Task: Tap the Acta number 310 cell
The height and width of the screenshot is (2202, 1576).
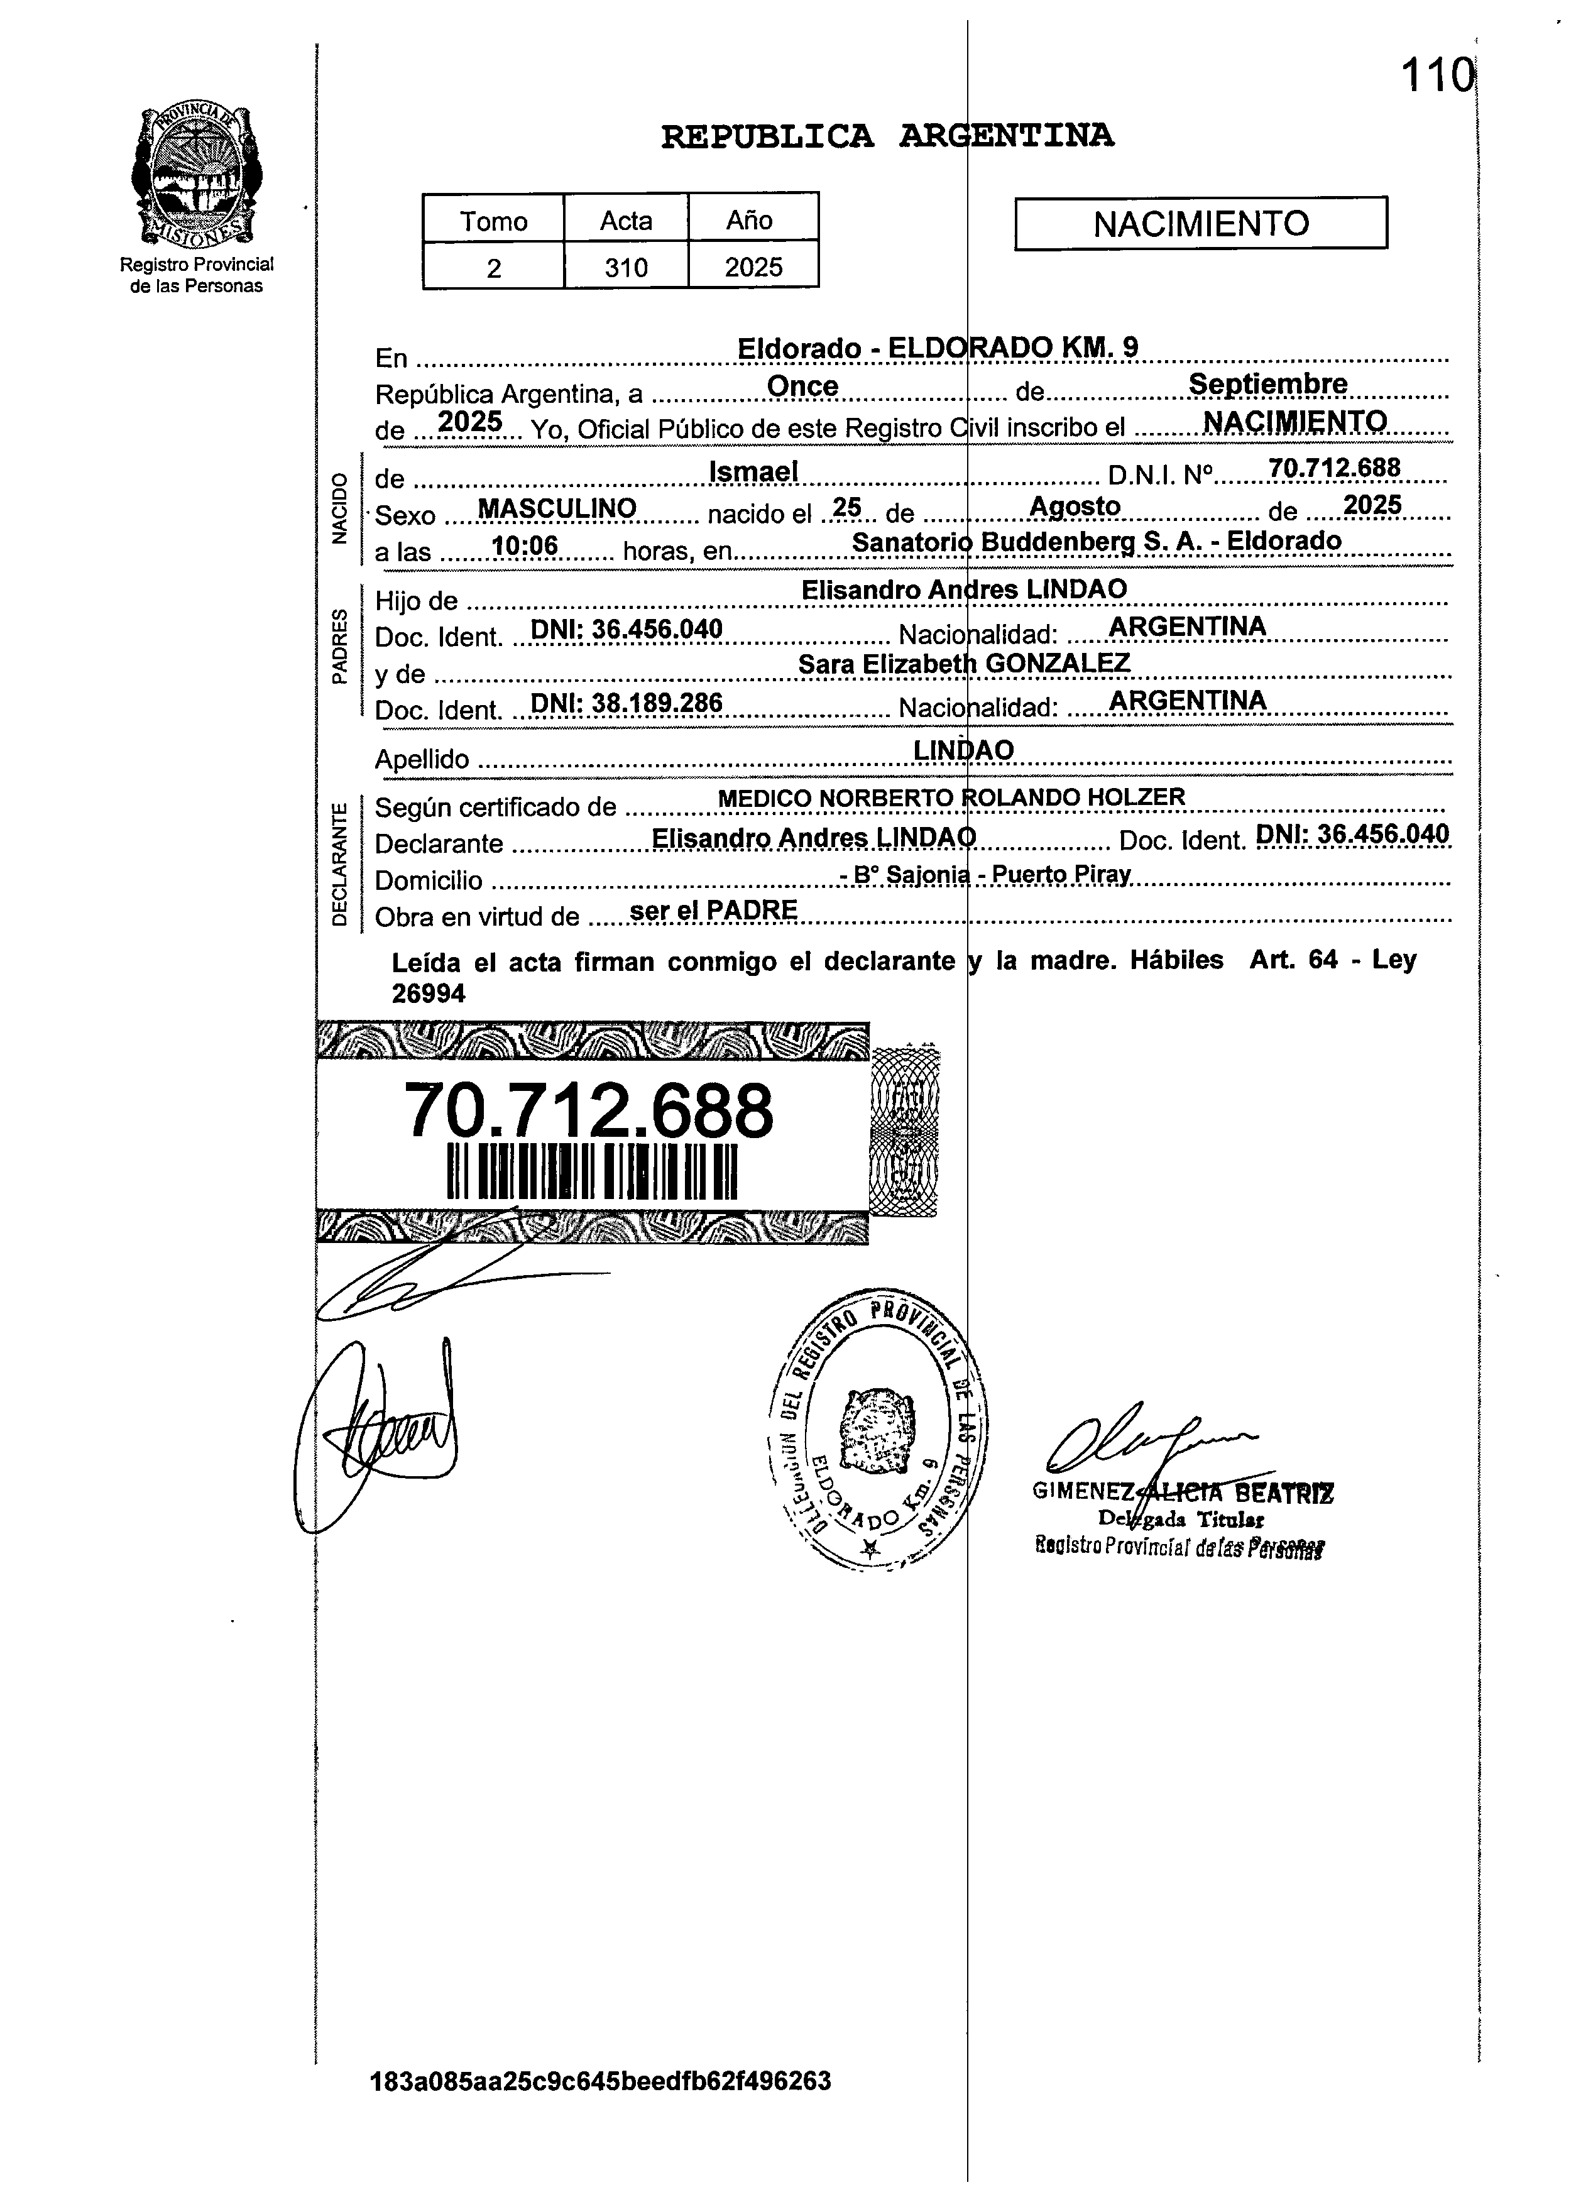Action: point(626,267)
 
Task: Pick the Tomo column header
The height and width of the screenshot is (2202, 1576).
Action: point(493,221)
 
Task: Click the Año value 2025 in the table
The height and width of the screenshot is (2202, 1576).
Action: point(753,267)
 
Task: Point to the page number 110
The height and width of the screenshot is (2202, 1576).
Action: point(1436,75)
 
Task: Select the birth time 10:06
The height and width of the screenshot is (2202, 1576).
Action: point(525,546)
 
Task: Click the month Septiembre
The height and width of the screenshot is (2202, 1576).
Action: point(1267,385)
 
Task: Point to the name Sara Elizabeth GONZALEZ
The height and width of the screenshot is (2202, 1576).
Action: point(964,664)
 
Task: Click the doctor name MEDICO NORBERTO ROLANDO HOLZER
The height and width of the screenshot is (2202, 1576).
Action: point(951,797)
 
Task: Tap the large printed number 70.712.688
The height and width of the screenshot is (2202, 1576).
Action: point(588,1110)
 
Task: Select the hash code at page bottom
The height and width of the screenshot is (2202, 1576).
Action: point(601,2081)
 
